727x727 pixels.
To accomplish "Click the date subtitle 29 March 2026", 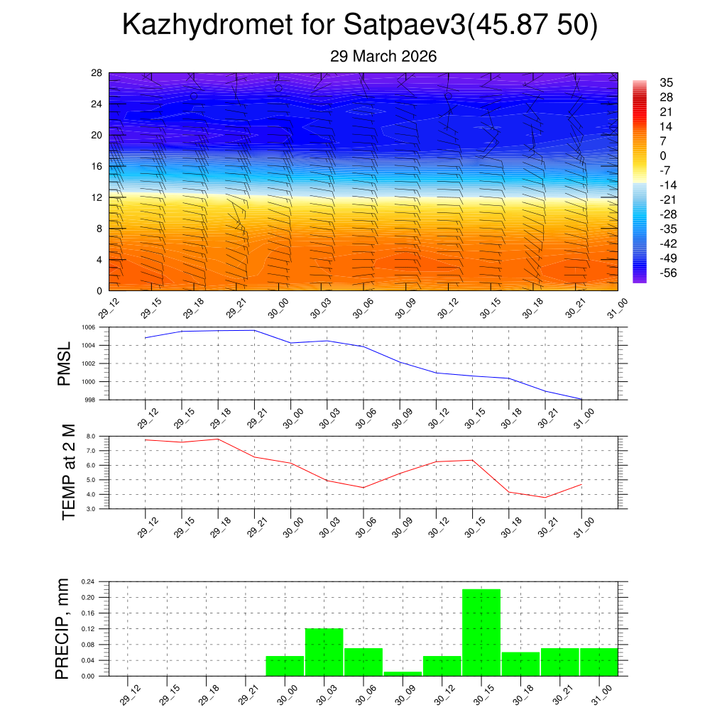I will click(x=383, y=56).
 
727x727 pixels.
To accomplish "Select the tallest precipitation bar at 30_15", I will click(x=481, y=632).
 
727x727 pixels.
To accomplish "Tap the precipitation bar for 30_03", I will click(x=324, y=652).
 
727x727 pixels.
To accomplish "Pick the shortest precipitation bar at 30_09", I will click(x=403, y=673).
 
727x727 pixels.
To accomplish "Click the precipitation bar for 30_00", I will click(x=285, y=666).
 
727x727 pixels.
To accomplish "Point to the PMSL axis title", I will click(x=65, y=363).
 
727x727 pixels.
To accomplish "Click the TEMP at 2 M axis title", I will click(x=68, y=472).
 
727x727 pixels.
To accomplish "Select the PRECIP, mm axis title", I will click(x=65, y=628).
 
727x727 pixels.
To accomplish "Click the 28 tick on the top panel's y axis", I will click(x=97, y=72).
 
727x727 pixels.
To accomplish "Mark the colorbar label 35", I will click(x=666, y=82).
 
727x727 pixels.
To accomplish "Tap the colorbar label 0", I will click(x=663, y=155).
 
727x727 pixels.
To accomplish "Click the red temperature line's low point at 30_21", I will click(x=545, y=498).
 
